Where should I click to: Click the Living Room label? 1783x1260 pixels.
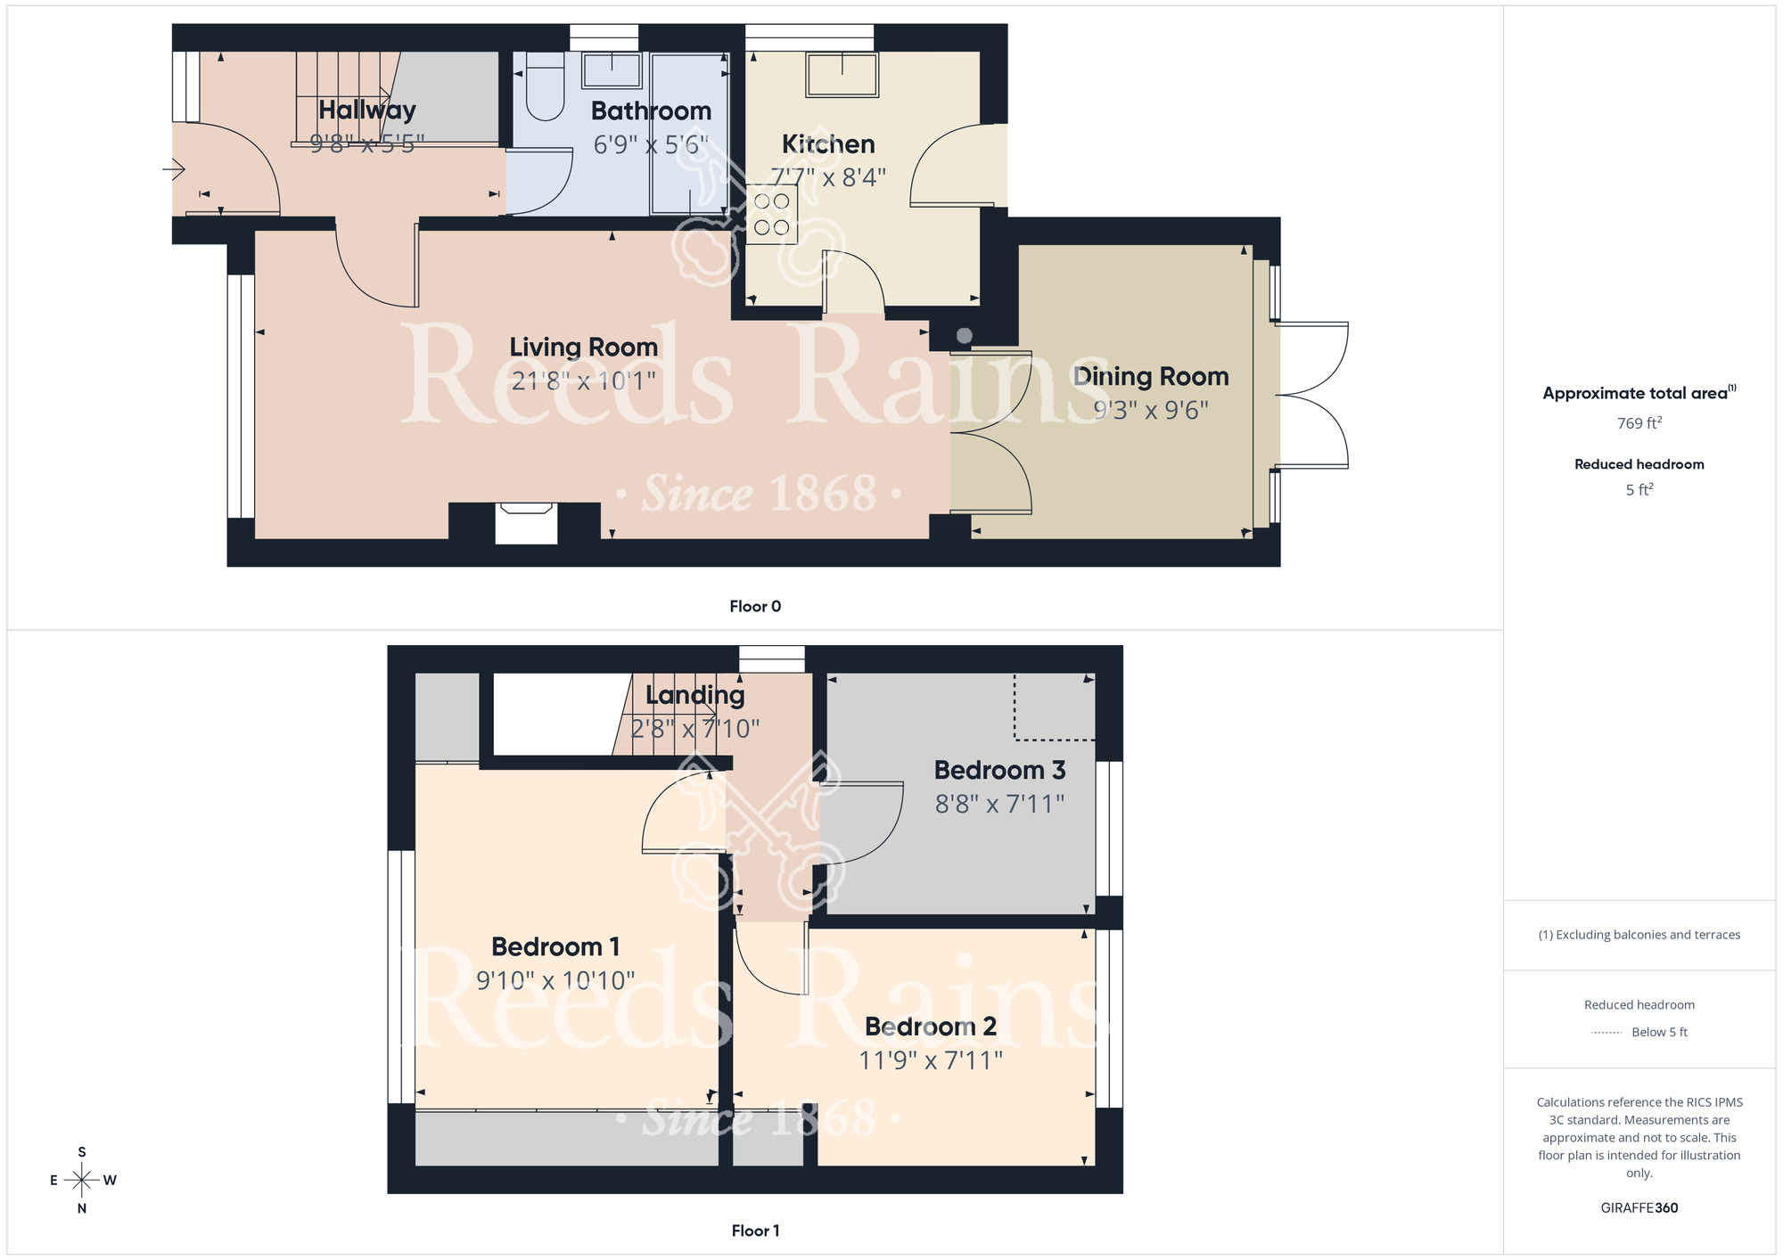[583, 347]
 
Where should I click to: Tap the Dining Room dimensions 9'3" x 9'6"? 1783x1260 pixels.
[1151, 410]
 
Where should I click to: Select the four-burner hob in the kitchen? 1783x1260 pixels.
[771, 214]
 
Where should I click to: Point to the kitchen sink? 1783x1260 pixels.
[842, 75]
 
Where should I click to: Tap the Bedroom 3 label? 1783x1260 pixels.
[999, 770]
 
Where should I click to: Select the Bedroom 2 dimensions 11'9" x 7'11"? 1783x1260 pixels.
[930, 1060]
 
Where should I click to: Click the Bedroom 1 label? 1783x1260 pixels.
[555, 946]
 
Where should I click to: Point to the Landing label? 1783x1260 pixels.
[694, 695]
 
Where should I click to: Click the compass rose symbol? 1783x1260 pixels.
[82, 1181]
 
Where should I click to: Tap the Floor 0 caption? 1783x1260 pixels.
[755, 607]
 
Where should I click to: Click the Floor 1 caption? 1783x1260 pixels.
[755, 1231]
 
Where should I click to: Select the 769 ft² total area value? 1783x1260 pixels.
[1639, 423]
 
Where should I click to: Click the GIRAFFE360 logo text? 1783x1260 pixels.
[1639, 1208]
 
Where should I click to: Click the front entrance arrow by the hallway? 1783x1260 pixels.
[174, 168]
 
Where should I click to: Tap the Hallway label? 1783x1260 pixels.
[367, 110]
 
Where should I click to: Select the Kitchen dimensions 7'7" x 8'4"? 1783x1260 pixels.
[828, 177]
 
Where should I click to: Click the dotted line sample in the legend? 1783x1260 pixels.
[1606, 1033]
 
